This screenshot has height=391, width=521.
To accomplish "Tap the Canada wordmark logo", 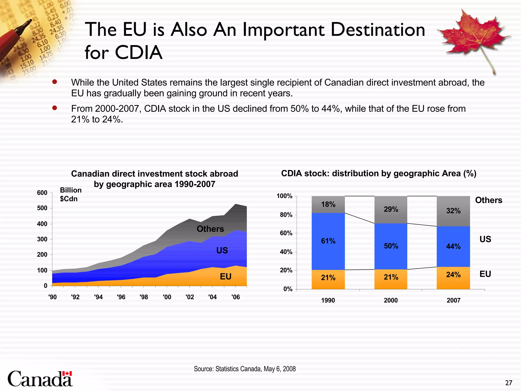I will click(40, 379).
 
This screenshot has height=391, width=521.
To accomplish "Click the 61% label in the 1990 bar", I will click(328, 241).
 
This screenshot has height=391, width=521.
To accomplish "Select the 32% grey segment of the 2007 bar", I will click(453, 211).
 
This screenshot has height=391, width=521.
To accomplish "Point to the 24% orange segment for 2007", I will click(453, 277).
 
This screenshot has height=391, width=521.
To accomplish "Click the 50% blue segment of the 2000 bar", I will click(391, 246).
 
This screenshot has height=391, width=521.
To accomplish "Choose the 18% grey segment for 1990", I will click(328, 204).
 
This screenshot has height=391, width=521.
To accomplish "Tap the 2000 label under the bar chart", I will click(391, 300).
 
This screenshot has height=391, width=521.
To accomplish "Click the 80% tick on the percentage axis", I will click(286, 215).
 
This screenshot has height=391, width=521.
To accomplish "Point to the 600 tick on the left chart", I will click(42, 193).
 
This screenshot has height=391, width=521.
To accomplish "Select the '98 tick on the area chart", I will click(144, 297).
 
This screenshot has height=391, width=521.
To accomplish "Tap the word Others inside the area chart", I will click(210, 229).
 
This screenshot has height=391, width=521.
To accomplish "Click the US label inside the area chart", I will click(222, 250).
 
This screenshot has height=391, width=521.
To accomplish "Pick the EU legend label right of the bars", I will click(485, 274).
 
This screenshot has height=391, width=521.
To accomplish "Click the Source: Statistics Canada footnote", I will click(245, 369).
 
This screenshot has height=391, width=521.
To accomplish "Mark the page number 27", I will click(509, 383).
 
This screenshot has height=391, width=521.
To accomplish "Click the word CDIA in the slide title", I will click(138, 52).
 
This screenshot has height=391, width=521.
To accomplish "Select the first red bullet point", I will click(54, 82).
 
